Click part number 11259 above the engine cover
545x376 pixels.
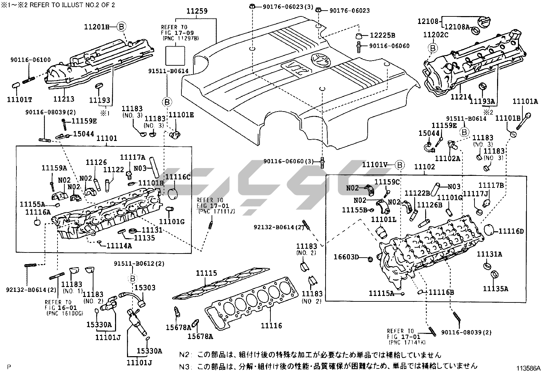[197, 11]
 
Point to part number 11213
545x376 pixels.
[64, 99]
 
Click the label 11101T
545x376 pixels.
[20, 100]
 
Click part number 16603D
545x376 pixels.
[346, 257]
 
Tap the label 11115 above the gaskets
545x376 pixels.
[206, 273]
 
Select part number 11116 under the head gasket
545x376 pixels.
[271, 326]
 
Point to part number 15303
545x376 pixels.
[144, 288]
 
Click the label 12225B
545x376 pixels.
[382, 35]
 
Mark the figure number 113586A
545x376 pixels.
[529, 368]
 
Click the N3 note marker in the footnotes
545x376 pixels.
[185, 366]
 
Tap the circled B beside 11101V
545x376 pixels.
[400, 166]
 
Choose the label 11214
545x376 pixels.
[461, 97]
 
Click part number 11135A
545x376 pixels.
[495, 289]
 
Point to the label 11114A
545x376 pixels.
[119, 245]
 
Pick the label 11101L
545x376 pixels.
[383, 219]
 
